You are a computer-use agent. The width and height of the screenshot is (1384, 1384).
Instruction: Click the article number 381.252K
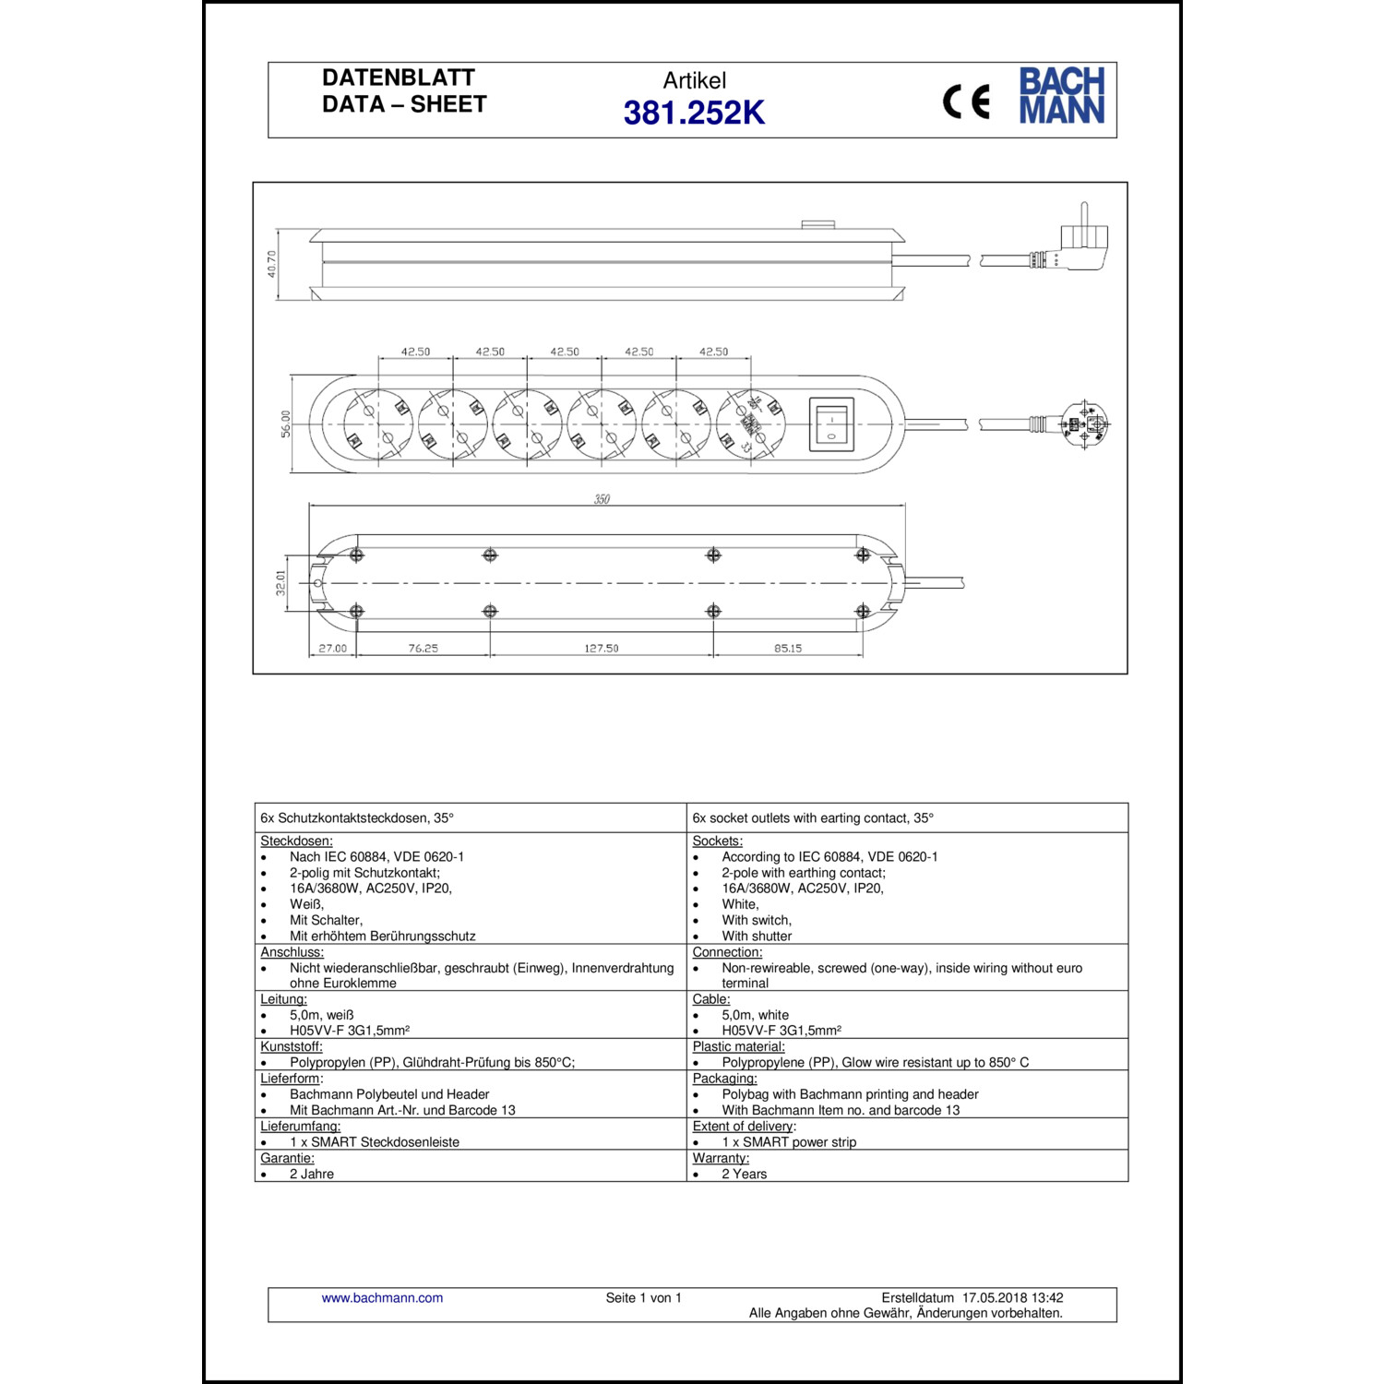point(694,113)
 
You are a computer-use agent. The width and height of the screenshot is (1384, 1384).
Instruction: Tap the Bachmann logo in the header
point(1061,95)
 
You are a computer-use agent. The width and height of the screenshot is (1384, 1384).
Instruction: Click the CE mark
point(966,101)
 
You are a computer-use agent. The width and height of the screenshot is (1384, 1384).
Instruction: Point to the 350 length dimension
point(602,499)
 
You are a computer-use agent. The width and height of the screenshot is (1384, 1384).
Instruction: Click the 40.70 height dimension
point(272,264)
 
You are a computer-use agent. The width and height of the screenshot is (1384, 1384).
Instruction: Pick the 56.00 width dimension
point(286,424)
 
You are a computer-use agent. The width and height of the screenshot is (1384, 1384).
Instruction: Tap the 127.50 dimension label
point(601,649)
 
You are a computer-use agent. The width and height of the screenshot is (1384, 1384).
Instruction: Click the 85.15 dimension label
point(788,649)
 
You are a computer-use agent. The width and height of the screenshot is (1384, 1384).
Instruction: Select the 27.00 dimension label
point(332,649)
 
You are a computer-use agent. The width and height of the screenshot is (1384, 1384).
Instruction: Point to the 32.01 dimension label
point(281,582)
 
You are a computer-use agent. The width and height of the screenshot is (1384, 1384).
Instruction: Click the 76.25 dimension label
point(424,649)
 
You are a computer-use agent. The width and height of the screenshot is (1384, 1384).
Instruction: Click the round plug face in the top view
point(1086,424)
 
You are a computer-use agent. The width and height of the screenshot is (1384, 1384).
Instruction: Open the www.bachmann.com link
point(382,1298)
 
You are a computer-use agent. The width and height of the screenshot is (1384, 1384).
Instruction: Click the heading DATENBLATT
point(399,78)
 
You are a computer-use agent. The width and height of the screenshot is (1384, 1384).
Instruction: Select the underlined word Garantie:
point(287,1158)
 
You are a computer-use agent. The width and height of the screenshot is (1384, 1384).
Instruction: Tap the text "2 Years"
point(744,1175)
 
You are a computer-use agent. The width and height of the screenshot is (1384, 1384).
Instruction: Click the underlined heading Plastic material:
point(738,1047)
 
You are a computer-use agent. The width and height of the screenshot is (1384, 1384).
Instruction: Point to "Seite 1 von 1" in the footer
point(643,1298)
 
